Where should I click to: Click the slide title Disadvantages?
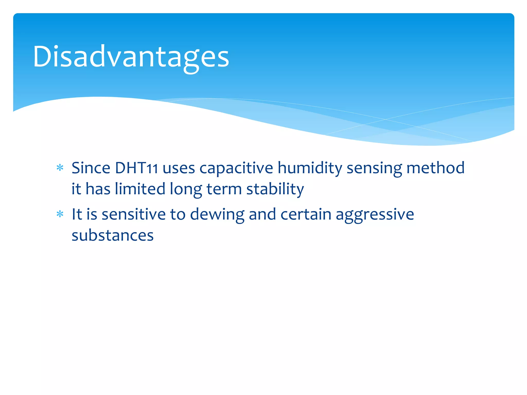click(x=131, y=57)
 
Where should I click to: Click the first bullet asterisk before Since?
click(x=60, y=168)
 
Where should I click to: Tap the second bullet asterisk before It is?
click(x=60, y=214)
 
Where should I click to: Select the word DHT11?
click(x=136, y=168)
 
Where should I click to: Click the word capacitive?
click(x=236, y=168)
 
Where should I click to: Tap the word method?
click(x=435, y=168)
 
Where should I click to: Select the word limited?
click(x=140, y=189)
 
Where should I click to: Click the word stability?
click(x=275, y=189)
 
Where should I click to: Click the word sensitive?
click(x=134, y=214)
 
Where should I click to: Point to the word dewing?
click(x=217, y=214)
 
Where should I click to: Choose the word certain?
click(x=306, y=214)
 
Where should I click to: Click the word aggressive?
click(x=375, y=214)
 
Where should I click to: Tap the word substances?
click(x=112, y=235)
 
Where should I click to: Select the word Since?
click(x=91, y=168)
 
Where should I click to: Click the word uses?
click(x=179, y=168)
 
